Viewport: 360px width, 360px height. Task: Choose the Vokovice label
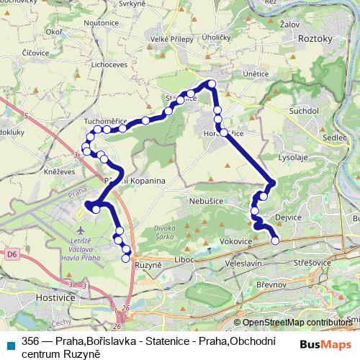(236, 242)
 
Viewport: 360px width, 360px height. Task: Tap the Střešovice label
(312, 264)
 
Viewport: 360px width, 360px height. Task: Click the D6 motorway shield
(10, 253)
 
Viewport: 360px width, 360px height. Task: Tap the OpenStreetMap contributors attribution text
(296, 323)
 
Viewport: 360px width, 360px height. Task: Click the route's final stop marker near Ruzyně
(127, 257)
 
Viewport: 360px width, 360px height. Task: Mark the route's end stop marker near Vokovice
(274, 240)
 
